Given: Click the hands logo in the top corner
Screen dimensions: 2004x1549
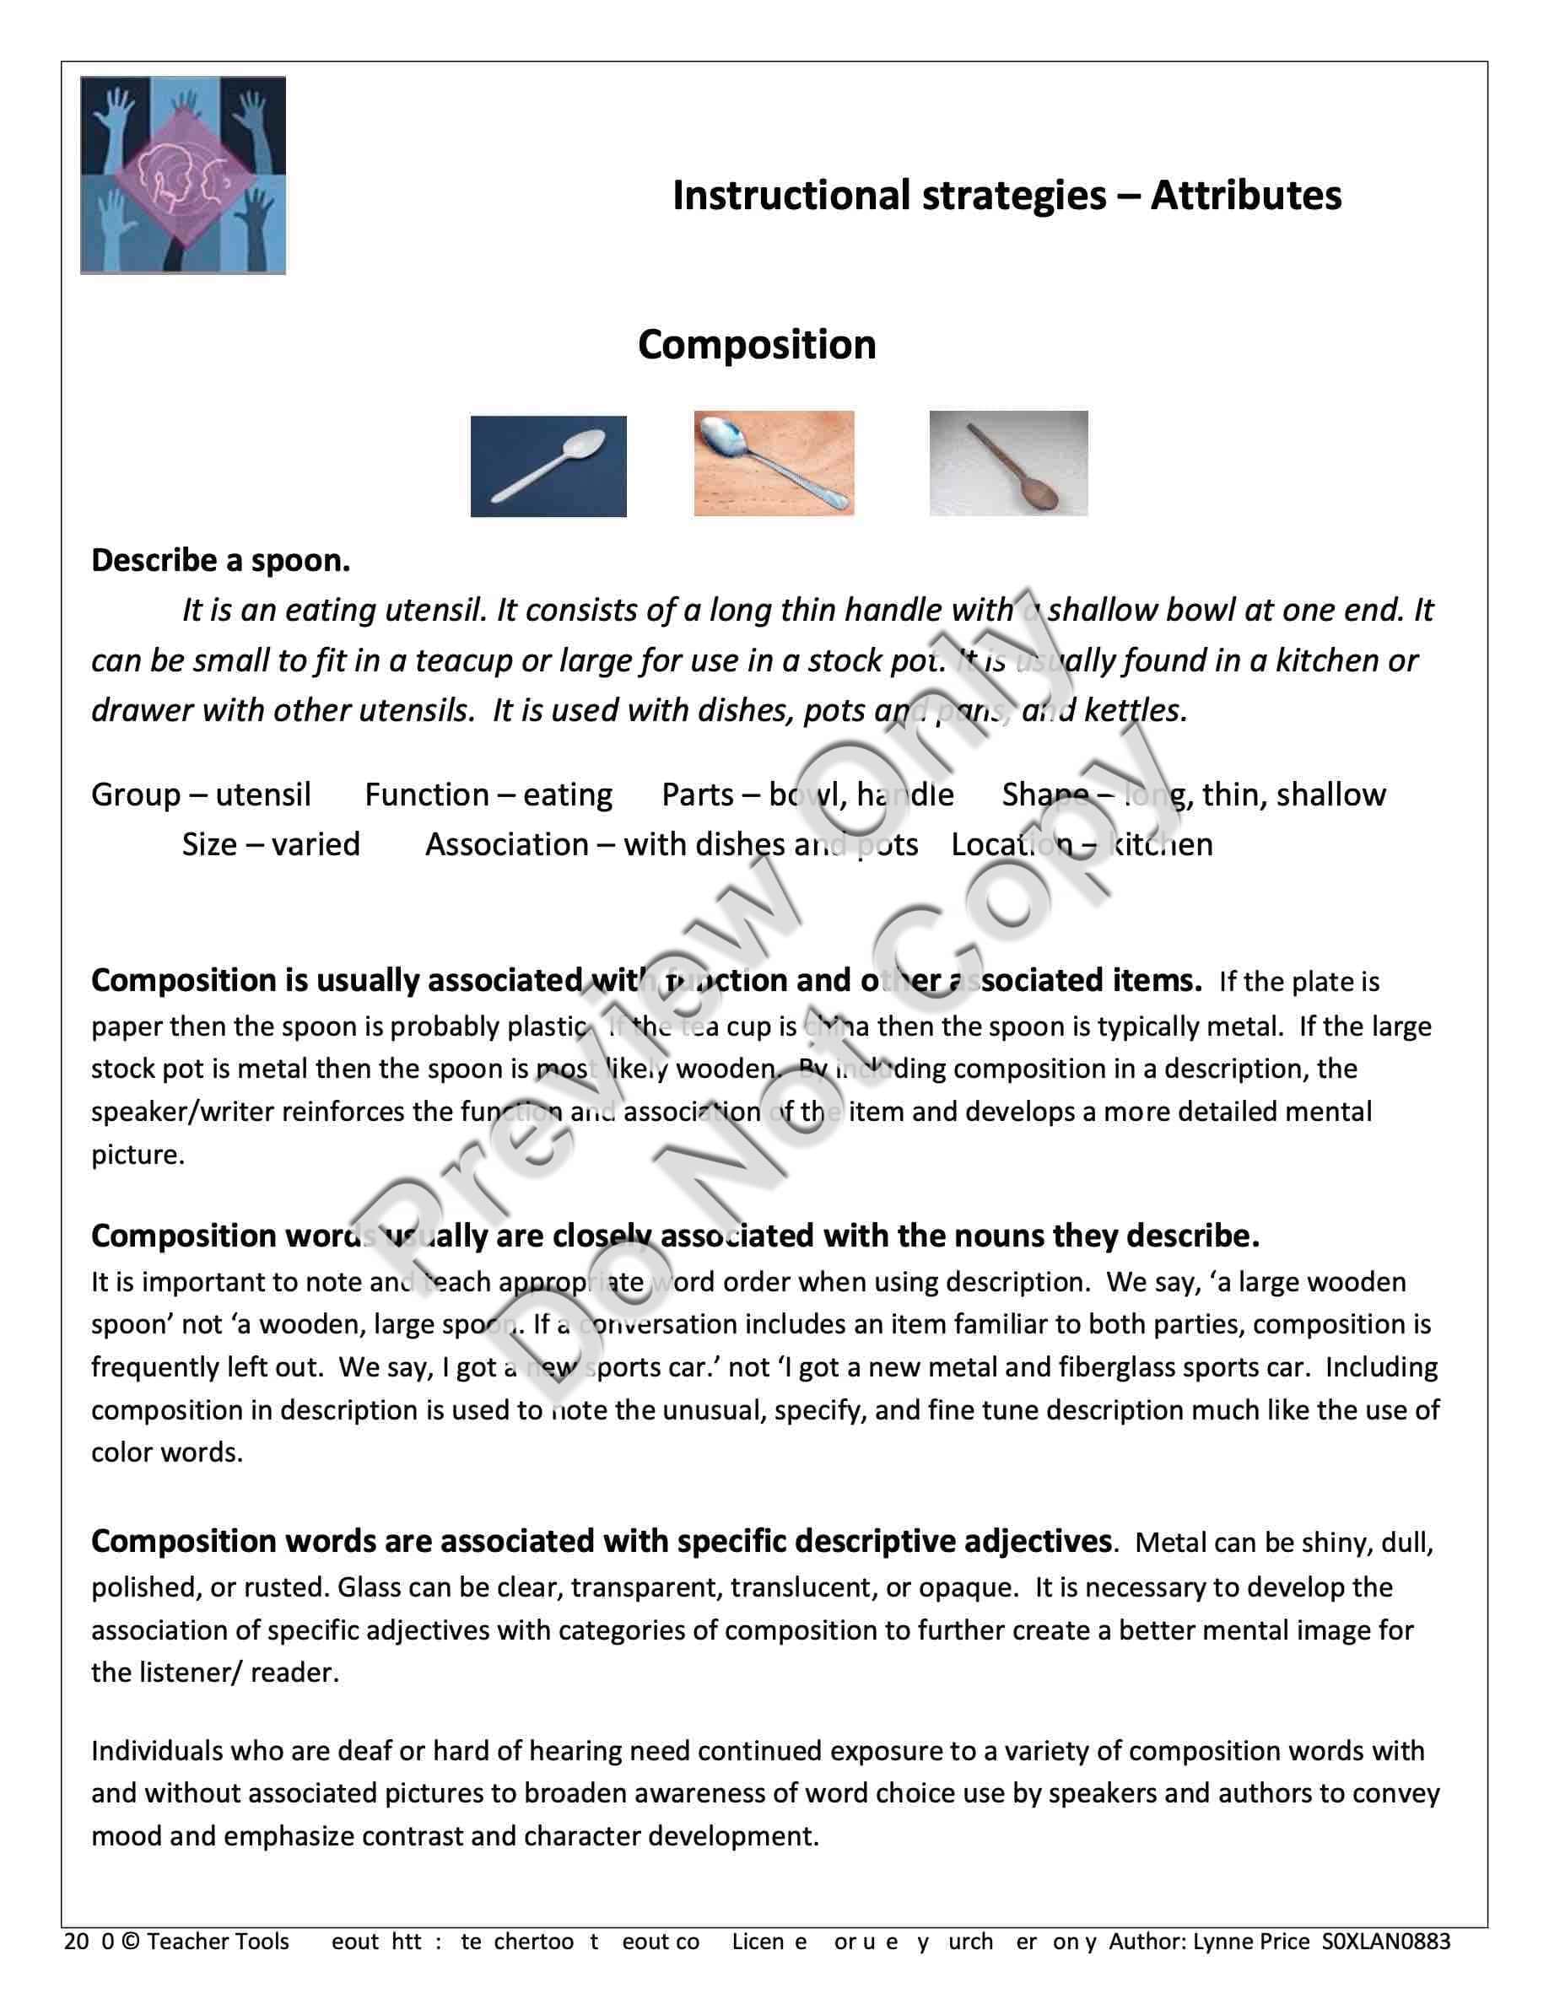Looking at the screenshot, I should tap(182, 175).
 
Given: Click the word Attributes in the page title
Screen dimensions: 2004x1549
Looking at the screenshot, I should tap(1245, 197).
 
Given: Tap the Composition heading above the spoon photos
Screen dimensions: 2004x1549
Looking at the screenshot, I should tap(756, 346).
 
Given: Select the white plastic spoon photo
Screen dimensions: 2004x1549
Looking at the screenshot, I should tap(548, 466).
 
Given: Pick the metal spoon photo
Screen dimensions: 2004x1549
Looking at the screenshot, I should tap(774, 463).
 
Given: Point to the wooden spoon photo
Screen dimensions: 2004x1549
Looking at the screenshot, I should tap(1008, 463).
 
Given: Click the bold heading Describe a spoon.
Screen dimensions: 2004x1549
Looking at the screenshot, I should tap(220, 561).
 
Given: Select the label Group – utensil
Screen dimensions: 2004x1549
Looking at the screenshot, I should tap(201, 795).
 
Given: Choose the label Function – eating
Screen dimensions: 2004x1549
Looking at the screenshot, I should tap(488, 795).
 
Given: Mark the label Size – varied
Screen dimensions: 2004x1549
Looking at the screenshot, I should tap(271, 845).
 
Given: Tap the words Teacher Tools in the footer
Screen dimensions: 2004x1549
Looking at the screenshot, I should tap(218, 1942).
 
